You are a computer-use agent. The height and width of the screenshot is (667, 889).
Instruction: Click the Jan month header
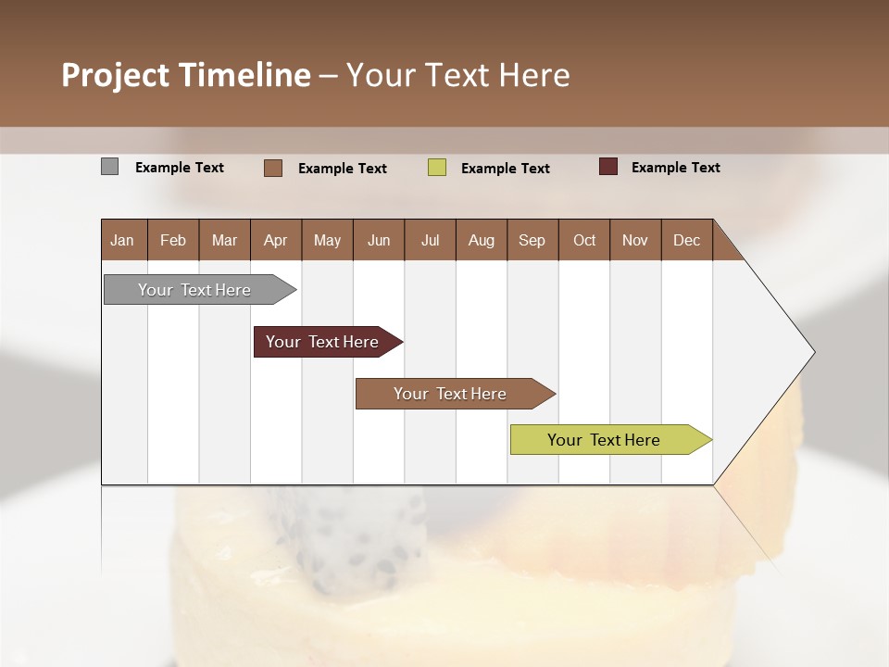(122, 240)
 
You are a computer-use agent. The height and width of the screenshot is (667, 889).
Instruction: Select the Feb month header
(173, 240)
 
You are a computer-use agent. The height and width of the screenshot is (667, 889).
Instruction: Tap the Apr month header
(275, 240)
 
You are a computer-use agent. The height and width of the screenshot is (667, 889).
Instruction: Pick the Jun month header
(378, 240)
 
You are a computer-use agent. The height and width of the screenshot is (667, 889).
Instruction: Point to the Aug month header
(481, 240)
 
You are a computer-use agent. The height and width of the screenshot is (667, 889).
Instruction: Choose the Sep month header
(532, 240)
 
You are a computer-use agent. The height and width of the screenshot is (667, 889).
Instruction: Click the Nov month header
(634, 240)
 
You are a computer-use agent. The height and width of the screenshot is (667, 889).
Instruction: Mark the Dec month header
(686, 240)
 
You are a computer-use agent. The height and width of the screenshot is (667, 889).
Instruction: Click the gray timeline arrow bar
(195, 290)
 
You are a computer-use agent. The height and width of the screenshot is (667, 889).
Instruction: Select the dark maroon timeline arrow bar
(323, 342)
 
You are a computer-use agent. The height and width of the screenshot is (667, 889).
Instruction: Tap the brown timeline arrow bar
(451, 394)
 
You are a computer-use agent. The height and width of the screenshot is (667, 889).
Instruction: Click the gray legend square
(110, 167)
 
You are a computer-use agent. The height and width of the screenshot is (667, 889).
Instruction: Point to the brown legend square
(273, 168)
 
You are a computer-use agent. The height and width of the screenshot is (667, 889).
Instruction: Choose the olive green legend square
(437, 168)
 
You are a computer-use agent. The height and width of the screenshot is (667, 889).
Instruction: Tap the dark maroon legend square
(608, 167)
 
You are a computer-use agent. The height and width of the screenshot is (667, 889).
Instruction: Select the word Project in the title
(114, 75)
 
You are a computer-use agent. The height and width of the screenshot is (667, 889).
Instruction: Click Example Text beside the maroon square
(675, 168)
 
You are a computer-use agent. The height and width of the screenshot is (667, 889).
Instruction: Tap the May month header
(327, 240)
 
